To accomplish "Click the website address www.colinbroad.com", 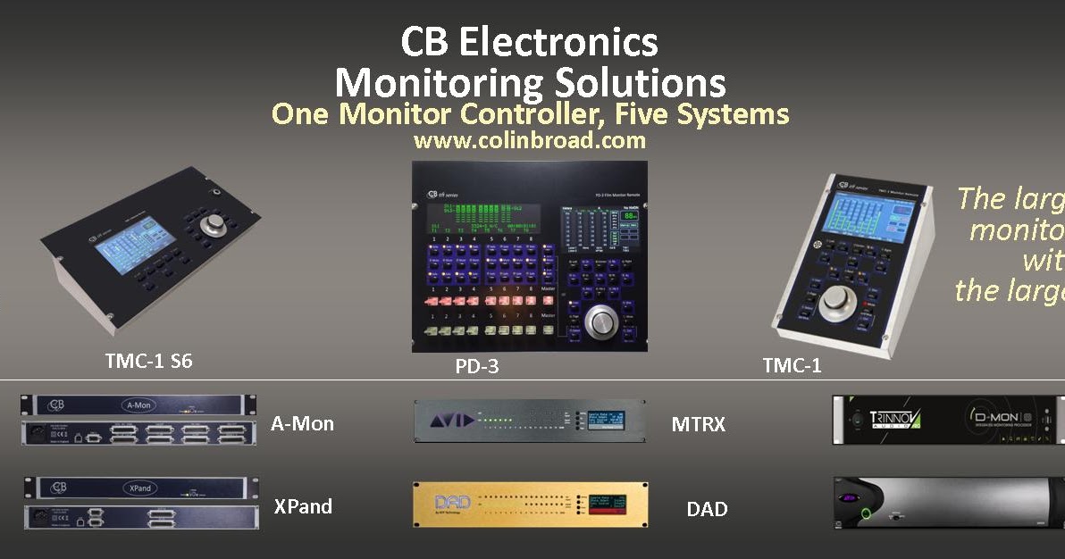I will point(529,140).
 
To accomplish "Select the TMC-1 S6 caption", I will point(148,362).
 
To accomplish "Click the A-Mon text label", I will point(302,423).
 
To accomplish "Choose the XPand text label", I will point(303,506).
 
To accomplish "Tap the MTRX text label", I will point(698,424).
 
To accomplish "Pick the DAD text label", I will point(707,509).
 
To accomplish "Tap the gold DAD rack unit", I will point(530,504).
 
